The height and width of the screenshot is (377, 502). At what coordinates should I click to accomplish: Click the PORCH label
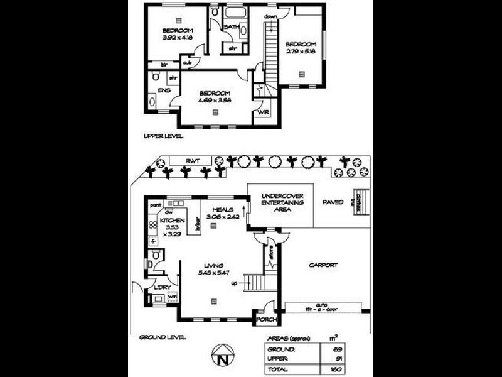point(264,320)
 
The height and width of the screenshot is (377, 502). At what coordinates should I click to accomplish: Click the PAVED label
point(332,202)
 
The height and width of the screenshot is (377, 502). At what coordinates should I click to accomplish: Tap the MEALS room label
point(223,210)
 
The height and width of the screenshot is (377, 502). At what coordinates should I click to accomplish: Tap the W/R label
point(264,112)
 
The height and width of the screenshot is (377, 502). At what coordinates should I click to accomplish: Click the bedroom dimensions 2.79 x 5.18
point(300,52)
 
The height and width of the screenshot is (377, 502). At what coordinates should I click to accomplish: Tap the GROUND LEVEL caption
point(163,337)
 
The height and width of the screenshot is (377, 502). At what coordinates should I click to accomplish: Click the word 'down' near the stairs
point(271,16)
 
